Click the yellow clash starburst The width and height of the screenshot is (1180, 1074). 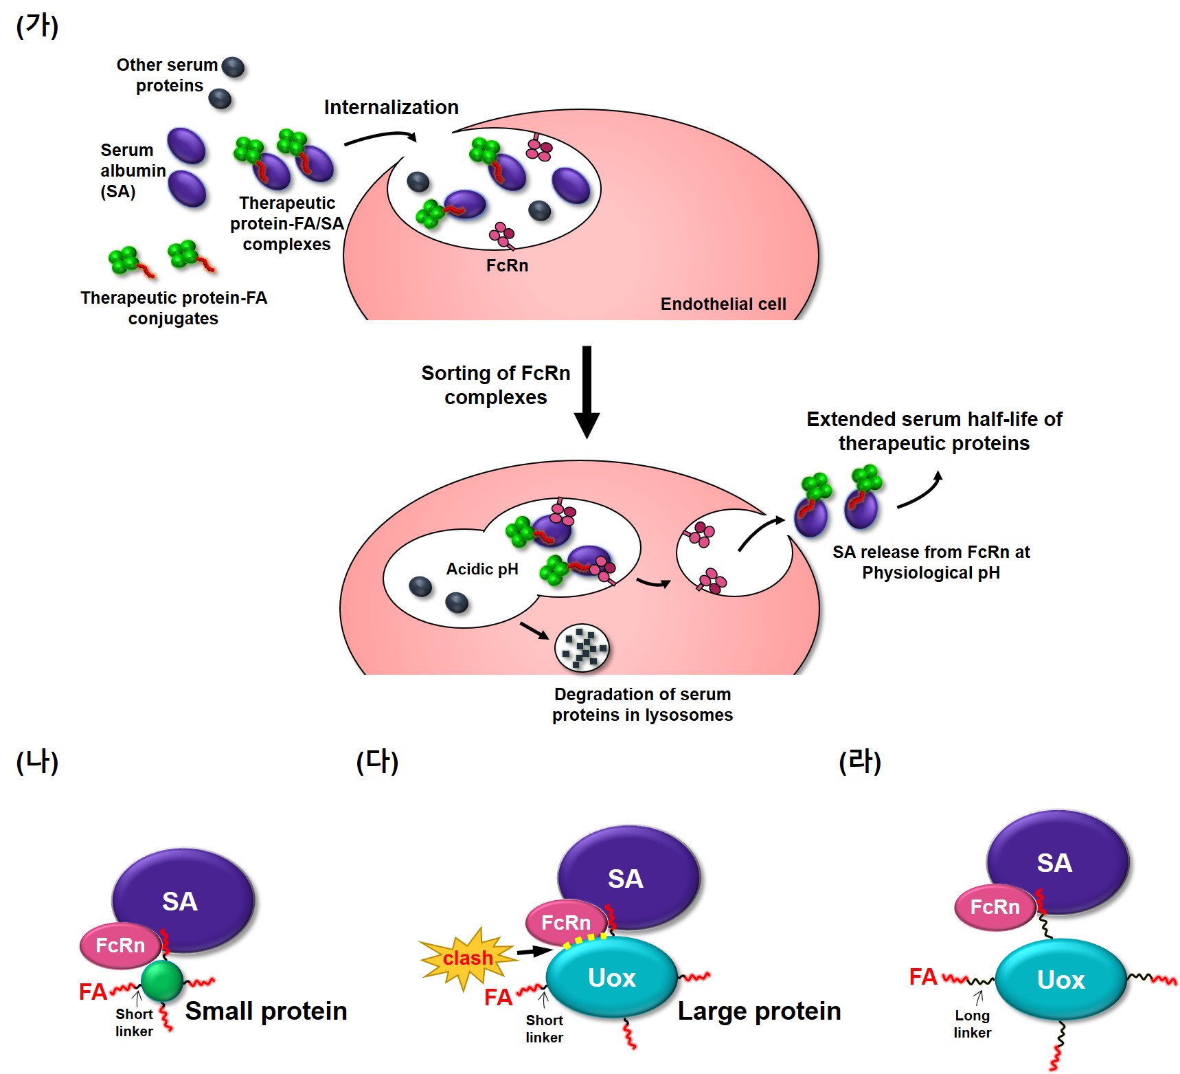pos(467,957)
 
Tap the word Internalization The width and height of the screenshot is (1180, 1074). pos(391,107)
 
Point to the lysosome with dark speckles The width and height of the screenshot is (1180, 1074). pos(582,647)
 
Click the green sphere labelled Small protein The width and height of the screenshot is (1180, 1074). pos(162,981)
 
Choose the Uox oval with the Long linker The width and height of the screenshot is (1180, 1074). pos(1060,980)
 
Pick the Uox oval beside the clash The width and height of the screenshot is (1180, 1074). pos(611,977)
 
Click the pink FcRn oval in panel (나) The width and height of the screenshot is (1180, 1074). pos(120,946)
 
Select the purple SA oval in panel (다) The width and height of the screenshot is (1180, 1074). pos(626,877)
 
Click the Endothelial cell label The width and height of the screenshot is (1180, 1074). pos(723,304)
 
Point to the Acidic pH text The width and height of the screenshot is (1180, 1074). pos(481,569)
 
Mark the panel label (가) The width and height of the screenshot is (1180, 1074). pos(37,26)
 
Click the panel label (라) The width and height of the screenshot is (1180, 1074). pos(859,761)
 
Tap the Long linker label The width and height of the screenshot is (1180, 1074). pos(972,1024)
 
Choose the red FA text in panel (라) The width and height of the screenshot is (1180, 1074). pos(922,976)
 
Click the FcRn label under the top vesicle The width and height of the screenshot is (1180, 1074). pos(507,265)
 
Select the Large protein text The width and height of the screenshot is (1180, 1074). pos(759,1011)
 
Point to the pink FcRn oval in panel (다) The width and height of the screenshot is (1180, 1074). pos(566,922)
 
